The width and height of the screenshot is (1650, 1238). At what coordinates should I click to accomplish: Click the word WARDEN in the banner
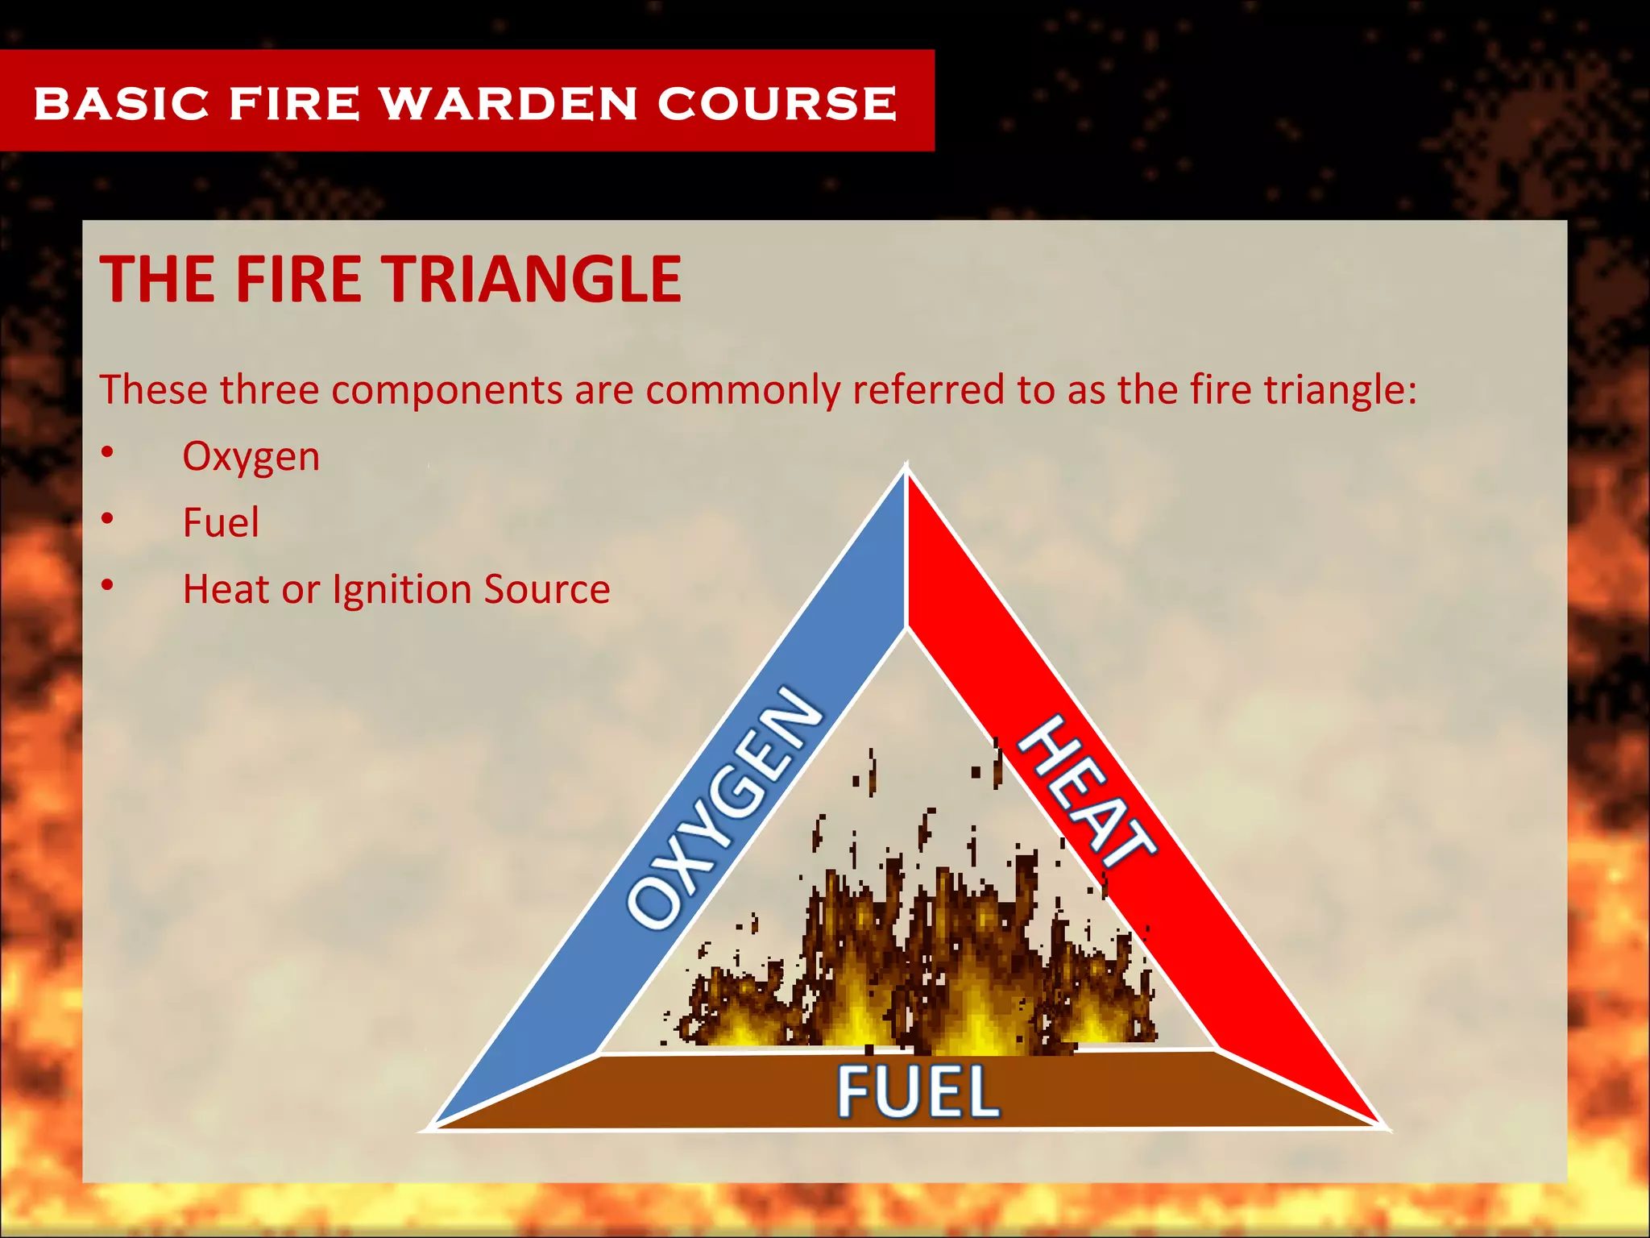pos(509,103)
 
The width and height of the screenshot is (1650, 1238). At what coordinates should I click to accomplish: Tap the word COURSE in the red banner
pos(777,103)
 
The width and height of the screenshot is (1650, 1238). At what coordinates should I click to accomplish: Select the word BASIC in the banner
pos(122,103)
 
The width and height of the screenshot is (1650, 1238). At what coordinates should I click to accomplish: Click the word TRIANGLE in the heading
pos(532,279)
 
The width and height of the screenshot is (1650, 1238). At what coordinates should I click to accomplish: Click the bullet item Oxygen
pos(251,457)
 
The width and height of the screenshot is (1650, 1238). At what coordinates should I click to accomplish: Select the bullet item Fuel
pos(221,522)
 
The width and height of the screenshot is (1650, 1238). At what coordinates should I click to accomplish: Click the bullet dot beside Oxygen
pos(108,453)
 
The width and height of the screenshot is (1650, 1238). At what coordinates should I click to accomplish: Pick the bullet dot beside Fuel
pos(108,519)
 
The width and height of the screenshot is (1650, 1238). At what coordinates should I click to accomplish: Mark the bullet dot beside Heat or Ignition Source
pos(108,586)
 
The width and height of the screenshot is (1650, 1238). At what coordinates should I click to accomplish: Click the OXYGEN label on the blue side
pos(725,806)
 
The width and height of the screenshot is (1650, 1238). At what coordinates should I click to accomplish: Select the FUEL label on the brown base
pos(918,1091)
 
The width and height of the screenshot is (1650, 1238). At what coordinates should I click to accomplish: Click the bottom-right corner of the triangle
pos(1379,1125)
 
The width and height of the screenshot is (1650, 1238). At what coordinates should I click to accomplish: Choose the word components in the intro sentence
pos(447,390)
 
